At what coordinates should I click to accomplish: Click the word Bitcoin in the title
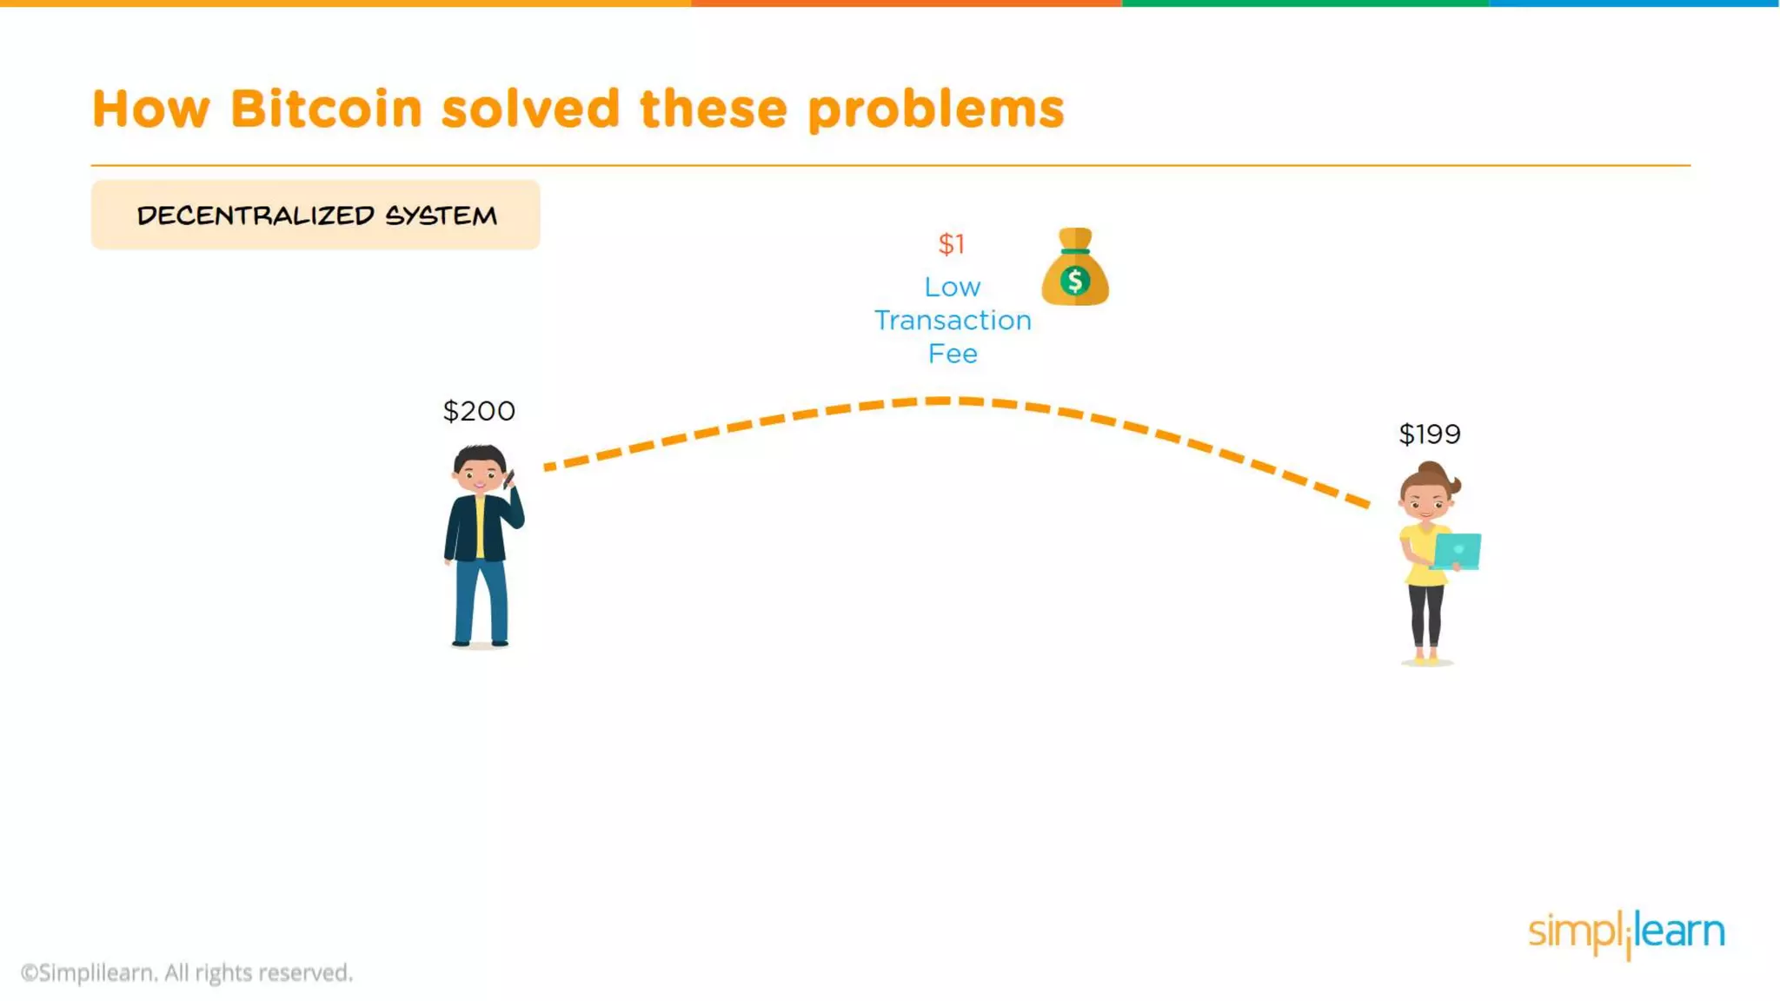coord(326,109)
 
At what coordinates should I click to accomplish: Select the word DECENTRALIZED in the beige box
coord(256,215)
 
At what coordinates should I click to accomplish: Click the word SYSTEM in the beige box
coord(441,215)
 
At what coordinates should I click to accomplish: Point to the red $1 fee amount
coord(952,244)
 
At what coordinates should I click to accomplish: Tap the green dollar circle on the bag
coord(1075,281)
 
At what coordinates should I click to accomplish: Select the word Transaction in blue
coord(953,321)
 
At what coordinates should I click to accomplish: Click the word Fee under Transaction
coord(953,355)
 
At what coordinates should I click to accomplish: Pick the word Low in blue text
coord(953,288)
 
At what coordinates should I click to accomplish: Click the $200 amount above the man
coord(479,411)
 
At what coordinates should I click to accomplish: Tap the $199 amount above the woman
coord(1430,434)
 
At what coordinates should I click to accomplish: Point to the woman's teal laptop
coord(1458,551)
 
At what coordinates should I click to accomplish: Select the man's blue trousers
coord(480,600)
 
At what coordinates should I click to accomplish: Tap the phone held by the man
coord(509,479)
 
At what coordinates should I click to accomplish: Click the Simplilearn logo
coord(1626,932)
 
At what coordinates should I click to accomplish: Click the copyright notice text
coord(187,973)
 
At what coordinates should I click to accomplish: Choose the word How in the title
coord(151,109)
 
